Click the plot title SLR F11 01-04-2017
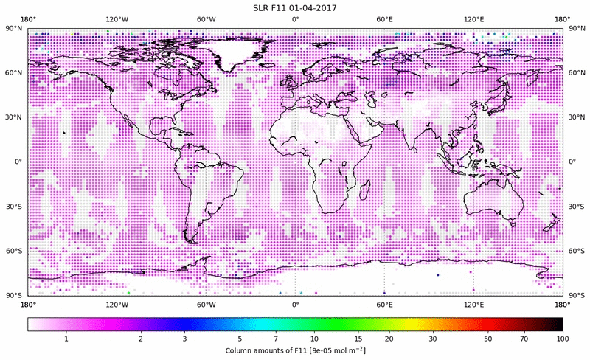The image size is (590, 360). click(295, 8)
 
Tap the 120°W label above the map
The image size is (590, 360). click(117, 18)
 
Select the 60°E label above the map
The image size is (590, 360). click(384, 18)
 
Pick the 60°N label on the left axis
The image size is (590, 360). click(14, 73)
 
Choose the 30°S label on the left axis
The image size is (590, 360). click(14, 207)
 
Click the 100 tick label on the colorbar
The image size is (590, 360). click(563, 339)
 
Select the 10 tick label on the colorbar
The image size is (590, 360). click(314, 339)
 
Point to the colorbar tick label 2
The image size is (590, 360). click(140, 339)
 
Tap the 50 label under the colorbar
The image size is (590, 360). click(487, 339)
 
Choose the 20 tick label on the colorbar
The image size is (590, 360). click(388, 339)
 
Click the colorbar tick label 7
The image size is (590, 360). click(277, 339)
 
